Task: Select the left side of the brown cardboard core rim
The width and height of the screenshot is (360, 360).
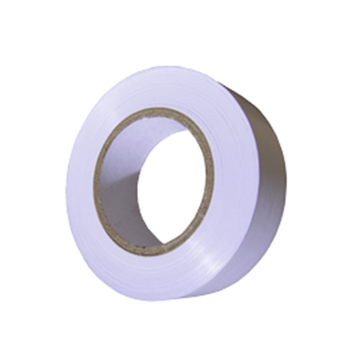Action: tap(97, 182)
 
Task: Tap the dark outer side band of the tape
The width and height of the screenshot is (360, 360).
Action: tap(270, 176)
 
